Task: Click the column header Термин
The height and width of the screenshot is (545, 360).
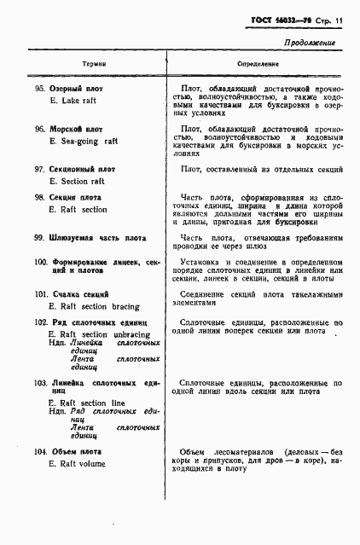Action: [x=94, y=64]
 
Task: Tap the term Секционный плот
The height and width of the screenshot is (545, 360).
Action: [x=88, y=170]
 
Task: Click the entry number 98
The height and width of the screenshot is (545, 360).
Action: [x=39, y=197]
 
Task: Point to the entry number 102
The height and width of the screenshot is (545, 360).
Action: [x=41, y=322]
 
